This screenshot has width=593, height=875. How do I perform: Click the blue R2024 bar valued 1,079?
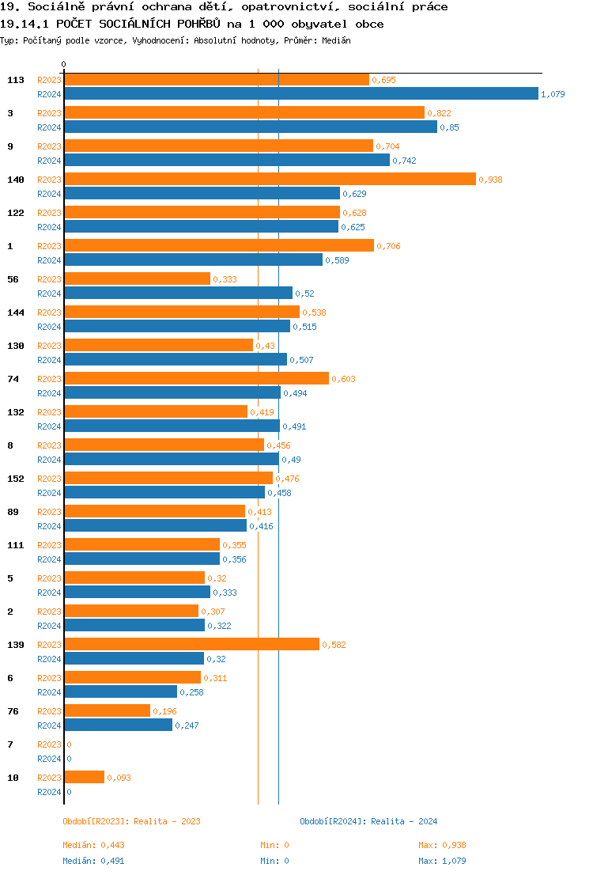pos(300,94)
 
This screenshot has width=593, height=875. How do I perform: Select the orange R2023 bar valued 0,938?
pos(270,180)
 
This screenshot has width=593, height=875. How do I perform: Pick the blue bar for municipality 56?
pos(178,294)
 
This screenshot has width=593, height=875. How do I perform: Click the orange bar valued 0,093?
pos(84,778)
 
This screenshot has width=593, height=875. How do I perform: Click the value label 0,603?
pos(343,379)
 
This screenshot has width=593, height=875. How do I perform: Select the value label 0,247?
pos(187,725)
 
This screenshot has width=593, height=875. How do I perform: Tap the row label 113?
pos(15,80)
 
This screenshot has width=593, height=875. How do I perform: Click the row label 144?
pos(15,312)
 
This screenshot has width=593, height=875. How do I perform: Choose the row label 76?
pos(13,711)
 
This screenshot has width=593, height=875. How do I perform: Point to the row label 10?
pos(13,778)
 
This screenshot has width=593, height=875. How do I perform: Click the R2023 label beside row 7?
pos(49,744)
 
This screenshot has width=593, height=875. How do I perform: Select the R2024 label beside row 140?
pos(49,194)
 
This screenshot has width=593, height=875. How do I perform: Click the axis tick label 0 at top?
pos(64,64)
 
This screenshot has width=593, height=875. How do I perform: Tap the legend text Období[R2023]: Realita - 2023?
pos(131,821)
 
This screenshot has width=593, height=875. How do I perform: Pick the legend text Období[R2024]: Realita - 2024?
pos(368,821)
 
